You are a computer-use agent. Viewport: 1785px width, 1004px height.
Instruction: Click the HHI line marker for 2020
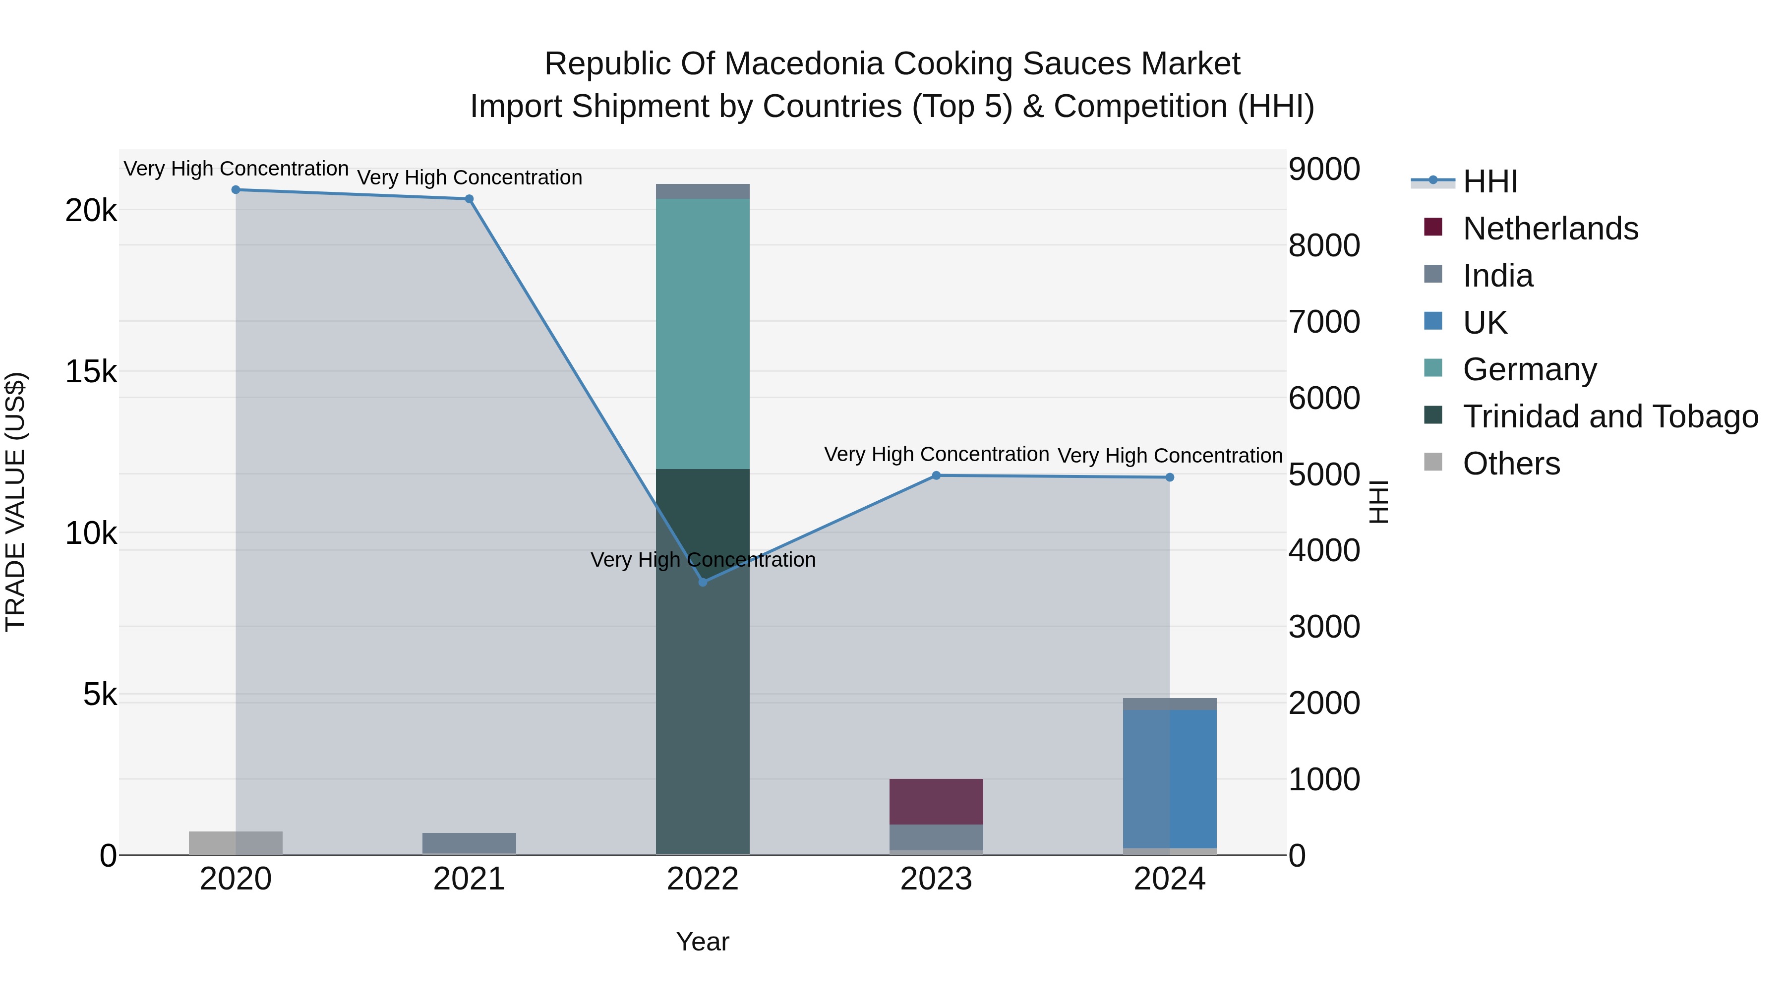coord(236,190)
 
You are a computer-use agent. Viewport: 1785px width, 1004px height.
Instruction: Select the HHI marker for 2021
coord(469,199)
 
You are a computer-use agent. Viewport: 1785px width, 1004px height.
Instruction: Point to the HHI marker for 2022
coord(703,583)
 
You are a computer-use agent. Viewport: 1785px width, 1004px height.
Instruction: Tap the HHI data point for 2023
coord(936,475)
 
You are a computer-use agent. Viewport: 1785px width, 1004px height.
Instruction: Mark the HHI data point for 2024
coord(1170,477)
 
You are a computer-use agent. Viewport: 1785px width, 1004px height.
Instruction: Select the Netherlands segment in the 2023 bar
coord(936,802)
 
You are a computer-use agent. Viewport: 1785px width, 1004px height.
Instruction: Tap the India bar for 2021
coord(469,843)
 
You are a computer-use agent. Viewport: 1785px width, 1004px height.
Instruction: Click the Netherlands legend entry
coord(1550,229)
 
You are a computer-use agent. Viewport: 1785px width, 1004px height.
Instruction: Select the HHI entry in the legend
coord(1490,181)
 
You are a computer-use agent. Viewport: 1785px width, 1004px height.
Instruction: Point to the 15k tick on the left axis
coord(91,372)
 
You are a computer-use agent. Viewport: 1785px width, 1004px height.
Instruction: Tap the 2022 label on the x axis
coord(703,879)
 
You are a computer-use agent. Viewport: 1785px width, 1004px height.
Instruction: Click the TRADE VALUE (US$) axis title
coord(15,502)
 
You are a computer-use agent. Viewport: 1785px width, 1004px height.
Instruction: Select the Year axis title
coord(703,942)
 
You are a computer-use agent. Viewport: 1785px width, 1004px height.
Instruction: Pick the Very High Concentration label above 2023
coord(936,455)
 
